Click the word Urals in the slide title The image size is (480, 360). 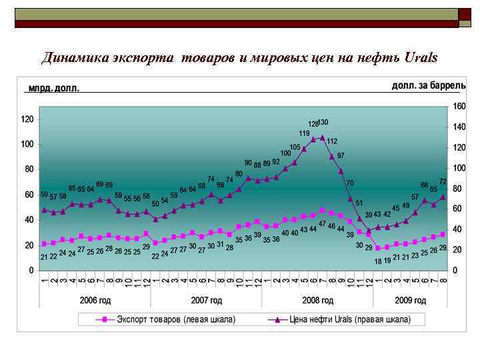coord(421,57)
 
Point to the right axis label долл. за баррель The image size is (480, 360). coord(429,85)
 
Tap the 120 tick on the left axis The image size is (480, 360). coord(27,119)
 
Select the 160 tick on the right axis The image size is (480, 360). coord(459,107)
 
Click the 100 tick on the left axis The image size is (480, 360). coord(27,145)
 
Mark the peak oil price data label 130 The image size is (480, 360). coord(323,123)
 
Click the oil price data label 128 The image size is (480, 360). coord(313,125)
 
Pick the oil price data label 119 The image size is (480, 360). coord(304,134)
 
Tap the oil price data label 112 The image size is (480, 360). coord(332,141)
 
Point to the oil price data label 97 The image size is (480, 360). coord(341,155)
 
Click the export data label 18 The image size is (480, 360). coord(378,261)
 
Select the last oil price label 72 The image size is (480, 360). coord(442,181)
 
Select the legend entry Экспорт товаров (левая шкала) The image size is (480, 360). coord(176,319)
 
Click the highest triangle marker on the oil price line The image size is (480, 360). coord(322,137)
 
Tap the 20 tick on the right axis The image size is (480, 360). coord(457,250)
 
